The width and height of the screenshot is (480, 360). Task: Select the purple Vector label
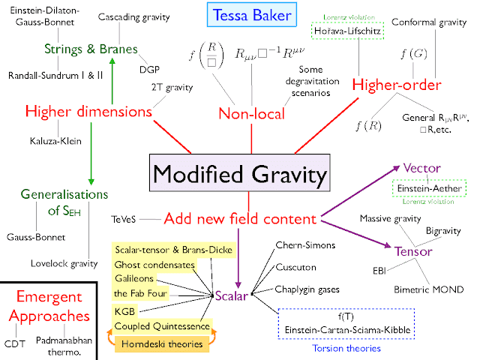(421, 167)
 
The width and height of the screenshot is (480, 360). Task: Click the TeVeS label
(122, 220)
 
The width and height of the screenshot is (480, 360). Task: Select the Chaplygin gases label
(307, 289)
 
